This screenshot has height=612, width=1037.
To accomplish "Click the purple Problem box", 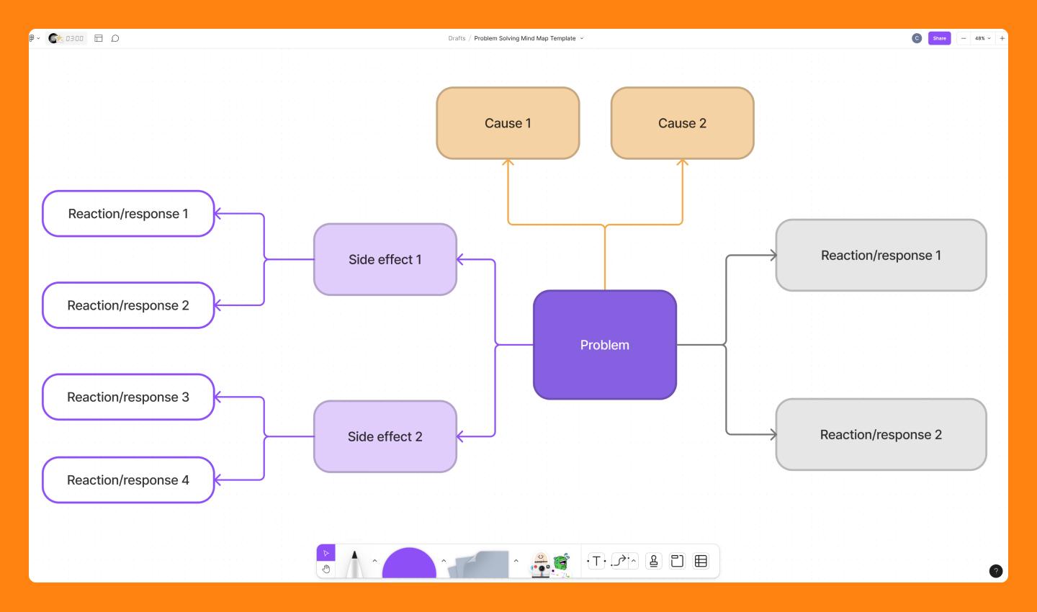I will pyautogui.click(x=605, y=345).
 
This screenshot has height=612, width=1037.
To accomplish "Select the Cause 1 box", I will pyautogui.click(x=508, y=123).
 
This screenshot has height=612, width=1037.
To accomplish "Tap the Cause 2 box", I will pyautogui.click(x=682, y=123).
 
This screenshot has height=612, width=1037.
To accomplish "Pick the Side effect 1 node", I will pyautogui.click(x=385, y=259).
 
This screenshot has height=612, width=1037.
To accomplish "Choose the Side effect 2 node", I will pyautogui.click(x=385, y=436).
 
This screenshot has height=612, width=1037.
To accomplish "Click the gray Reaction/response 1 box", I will pyautogui.click(x=881, y=255).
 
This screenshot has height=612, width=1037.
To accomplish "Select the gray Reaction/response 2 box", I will pyautogui.click(x=881, y=434).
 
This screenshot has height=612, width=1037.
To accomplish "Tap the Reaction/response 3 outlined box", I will pyautogui.click(x=128, y=397).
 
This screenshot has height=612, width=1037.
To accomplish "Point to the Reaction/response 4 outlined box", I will pyautogui.click(x=128, y=480).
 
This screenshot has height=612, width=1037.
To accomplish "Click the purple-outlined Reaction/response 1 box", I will pyautogui.click(x=128, y=213).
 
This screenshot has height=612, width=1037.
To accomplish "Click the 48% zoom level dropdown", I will pyautogui.click(x=982, y=38).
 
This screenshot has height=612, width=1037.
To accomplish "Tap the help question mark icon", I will pyautogui.click(x=996, y=571).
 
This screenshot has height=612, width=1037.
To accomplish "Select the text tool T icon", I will pyautogui.click(x=596, y=561).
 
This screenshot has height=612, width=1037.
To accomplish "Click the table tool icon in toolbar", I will pyautogui.click(x=701, y=561).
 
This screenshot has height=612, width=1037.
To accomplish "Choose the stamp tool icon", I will pyautogui.click(x=654, y=561).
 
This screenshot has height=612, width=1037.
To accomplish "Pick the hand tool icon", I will pyautogui.click(x=326, y=570).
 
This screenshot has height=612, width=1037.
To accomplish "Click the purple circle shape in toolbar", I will pyautogui.click(x=409, y=564).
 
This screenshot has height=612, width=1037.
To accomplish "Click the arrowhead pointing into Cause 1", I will pyautogui.click(x=508, y=163).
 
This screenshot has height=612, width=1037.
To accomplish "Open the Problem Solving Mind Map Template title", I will pyautogui.click(x=525, y=38).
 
